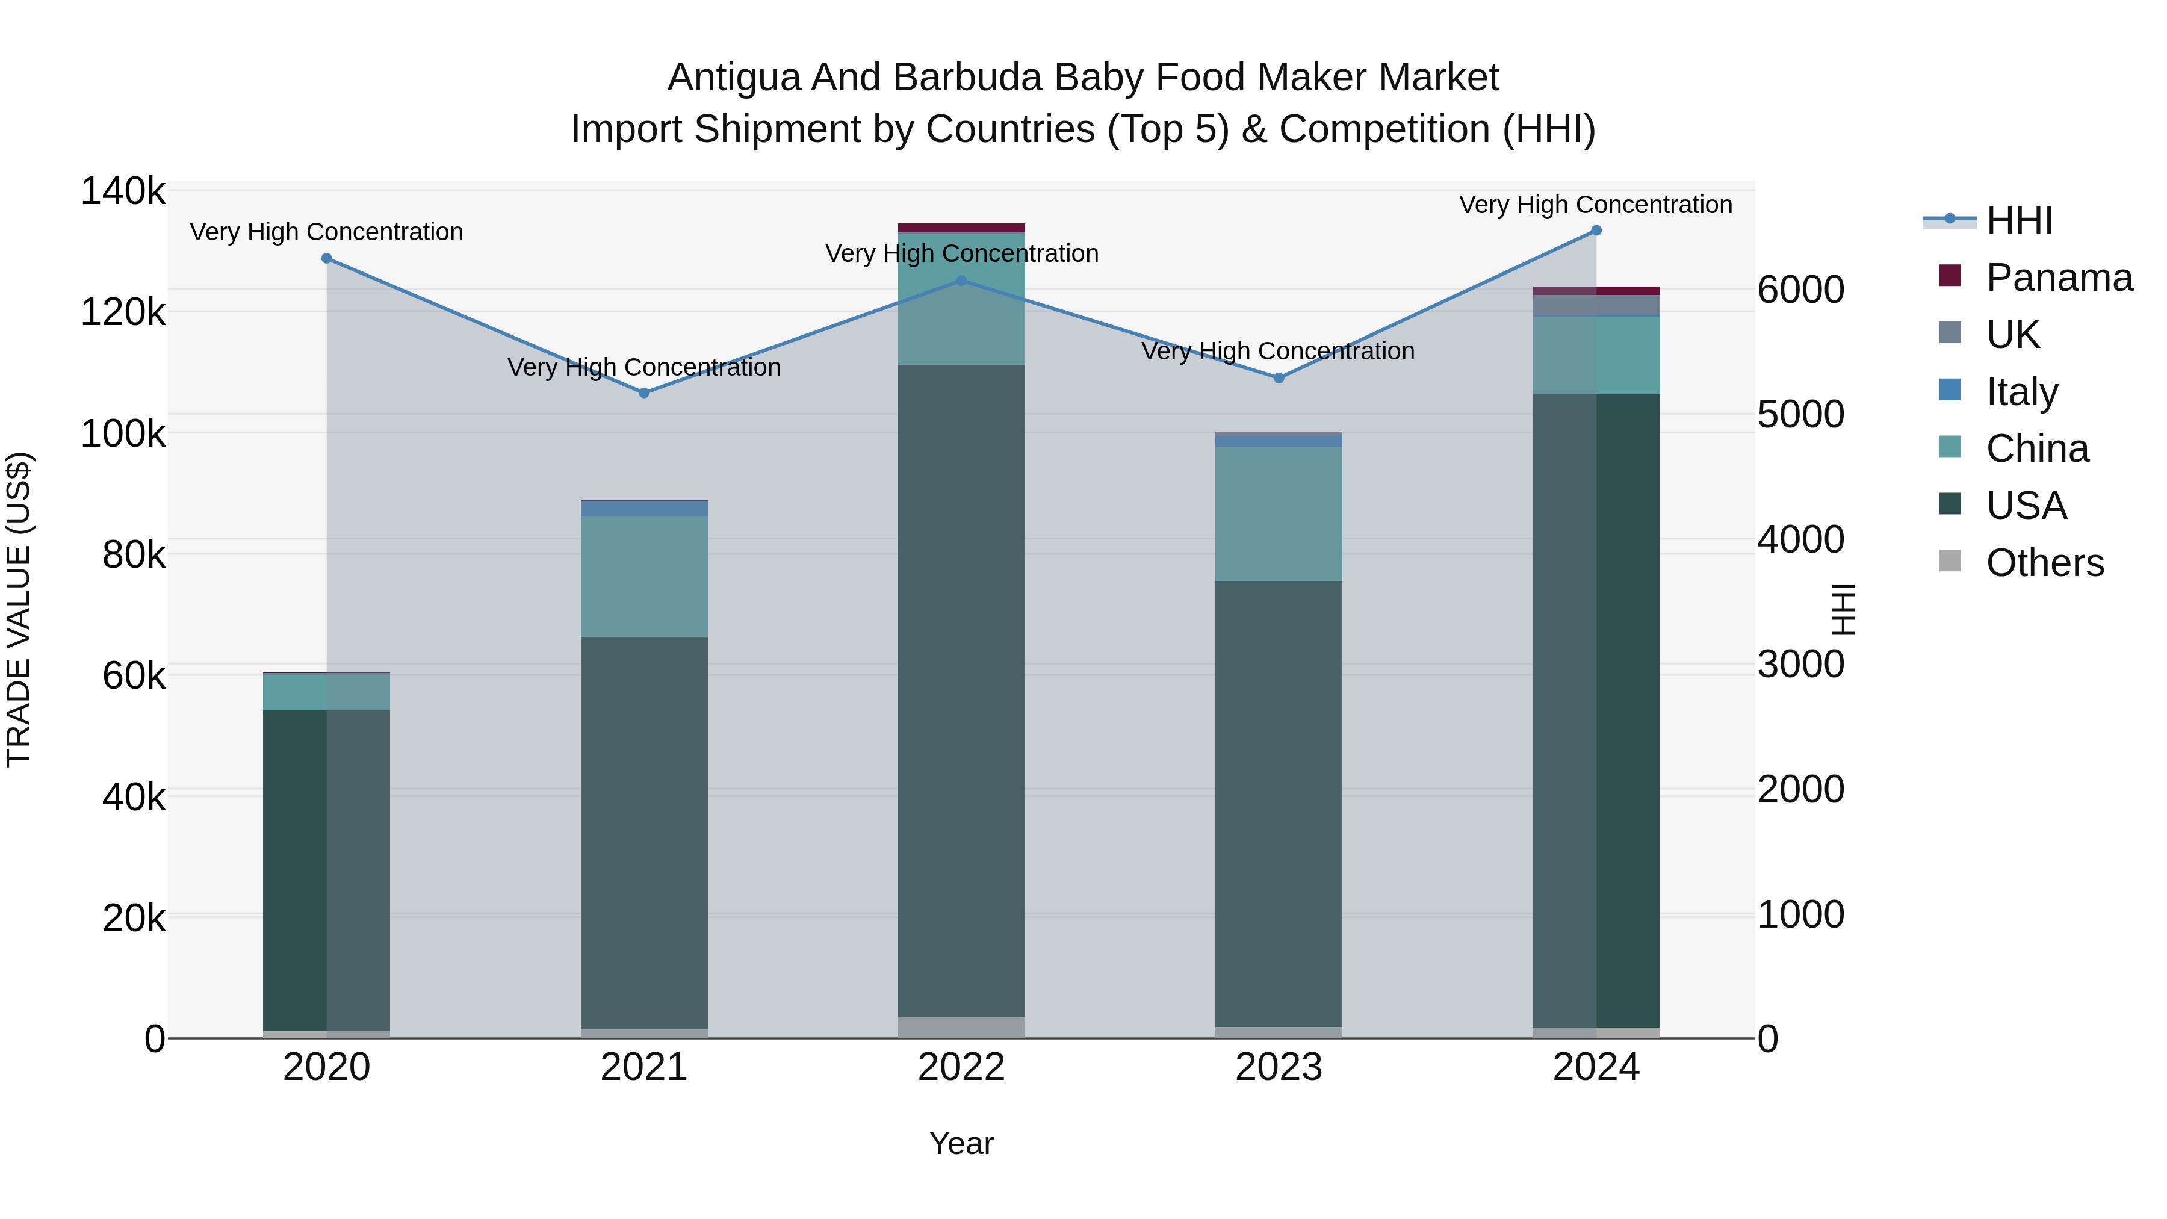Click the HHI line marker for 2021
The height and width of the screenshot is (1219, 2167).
click(x=643, y=393)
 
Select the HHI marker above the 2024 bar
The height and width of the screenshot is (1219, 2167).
click(x=1596, y=231)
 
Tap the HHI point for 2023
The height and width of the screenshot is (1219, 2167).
click(x=1279, y=377)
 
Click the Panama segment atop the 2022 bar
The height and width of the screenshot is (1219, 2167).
click(x=961, y=227)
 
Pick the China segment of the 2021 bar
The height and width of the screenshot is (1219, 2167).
click(x=643, y=576)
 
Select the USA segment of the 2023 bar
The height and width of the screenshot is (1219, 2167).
click(x=1279, y=804)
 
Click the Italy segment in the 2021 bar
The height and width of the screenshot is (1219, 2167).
click(x=643, y=509)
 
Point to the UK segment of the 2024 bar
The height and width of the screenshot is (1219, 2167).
click(x=1596, y=305)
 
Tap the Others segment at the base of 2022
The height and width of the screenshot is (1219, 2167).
click(x=961, y=1027)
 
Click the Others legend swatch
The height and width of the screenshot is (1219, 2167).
click(x=1949, y=561)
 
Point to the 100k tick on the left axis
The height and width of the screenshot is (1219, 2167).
click(x=123, y=434)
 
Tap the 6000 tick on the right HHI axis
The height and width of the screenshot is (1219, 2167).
click(x=1801, y=290)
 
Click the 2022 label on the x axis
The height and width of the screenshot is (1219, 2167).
click(x=961, y=1067)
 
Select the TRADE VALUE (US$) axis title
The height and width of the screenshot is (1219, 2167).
click(x=19, y=609)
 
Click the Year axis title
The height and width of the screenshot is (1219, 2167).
click(x=961, y=1143)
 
